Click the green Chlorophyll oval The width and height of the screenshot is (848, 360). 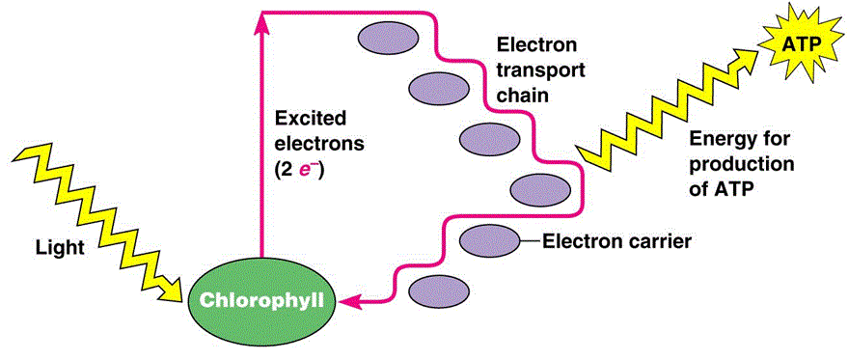point(260,299)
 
